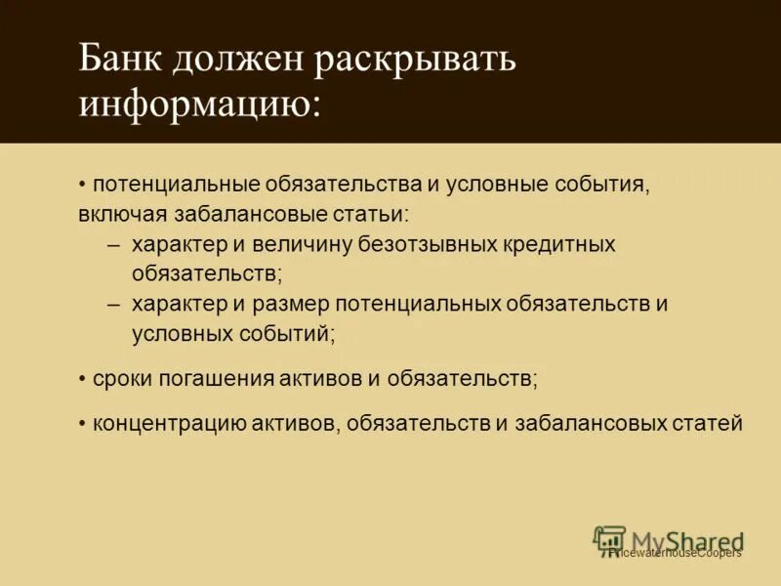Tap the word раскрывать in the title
click(414, 63)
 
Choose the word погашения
click(208, 377)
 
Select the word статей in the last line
click(708, 423)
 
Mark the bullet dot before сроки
click(83, 377)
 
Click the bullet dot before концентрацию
click(83, 423)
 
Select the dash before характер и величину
click(114, 244)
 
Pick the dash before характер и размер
click(114, 304)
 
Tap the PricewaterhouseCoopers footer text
click(674, 553)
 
